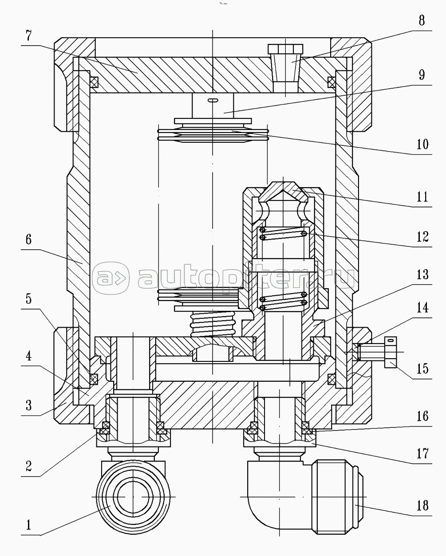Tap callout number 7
(28, 35)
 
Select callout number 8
(422, 20)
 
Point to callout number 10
(422, 144)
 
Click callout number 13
(422, 274)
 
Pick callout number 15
(422, 368)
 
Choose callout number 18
(422, 505)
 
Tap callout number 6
(28, 239)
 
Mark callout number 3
(28, 405)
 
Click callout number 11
(422, 197)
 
